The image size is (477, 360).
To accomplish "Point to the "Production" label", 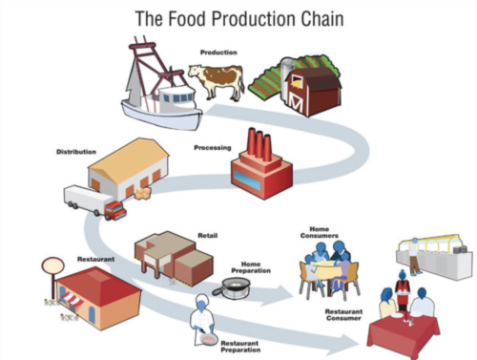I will pyautogui.click(x=218, y=52).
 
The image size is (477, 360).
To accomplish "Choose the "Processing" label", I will pyautogui.click(x=212, y=148).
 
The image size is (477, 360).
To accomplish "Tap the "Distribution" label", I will pyautogui.click(x=75, y=151).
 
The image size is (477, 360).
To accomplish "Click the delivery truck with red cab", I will pyautogui.click(x=94, y=201).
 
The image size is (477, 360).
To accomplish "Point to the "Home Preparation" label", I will pyautogui.click(x=251, y=270).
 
